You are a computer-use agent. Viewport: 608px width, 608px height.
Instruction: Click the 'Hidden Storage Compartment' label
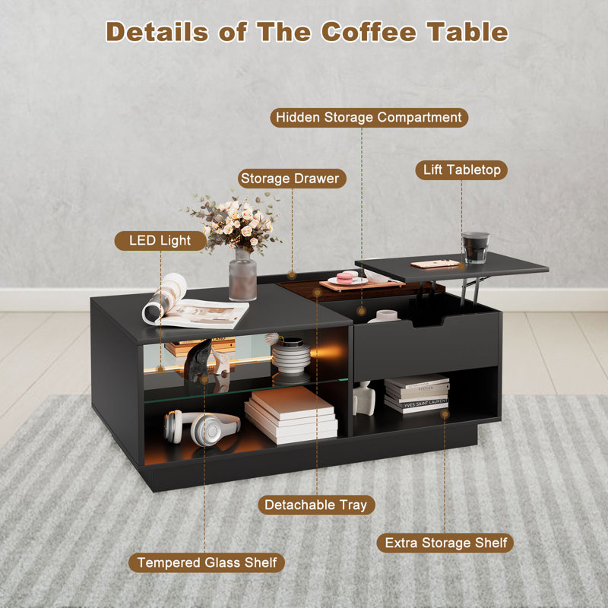pyautogui.click(x=369, y=118)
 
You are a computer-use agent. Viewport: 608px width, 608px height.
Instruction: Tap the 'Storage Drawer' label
pyautogui.click(x=292, y=179)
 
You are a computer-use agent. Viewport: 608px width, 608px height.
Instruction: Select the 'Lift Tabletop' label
pyautogui.click(x=461, y=170)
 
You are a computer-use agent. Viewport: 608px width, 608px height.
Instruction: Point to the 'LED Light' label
pyautogui.click(x=160, y=241)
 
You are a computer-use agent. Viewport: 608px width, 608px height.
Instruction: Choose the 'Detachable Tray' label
pyautogui.click(x=315, y=505)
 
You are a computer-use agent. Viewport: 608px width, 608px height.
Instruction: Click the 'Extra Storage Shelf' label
pyautogui.click(x=445, y=543)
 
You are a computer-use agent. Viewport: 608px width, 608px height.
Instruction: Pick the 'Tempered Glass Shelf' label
pyautogui.click(x=207, y=563)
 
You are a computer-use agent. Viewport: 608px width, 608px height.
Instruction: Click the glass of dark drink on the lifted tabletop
pyautogui.click(x=475, y=248)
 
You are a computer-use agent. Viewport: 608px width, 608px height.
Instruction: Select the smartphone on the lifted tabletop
pyautogui.click(x=435, y=264)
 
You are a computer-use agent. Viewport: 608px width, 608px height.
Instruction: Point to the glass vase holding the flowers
pyautogui.click(x=242, y=274)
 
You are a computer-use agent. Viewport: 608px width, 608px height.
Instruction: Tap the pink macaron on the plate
pyautogui.click(x=347, y=277)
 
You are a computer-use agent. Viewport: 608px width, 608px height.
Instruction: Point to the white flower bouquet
pyautogui.click(x=235, y=220)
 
